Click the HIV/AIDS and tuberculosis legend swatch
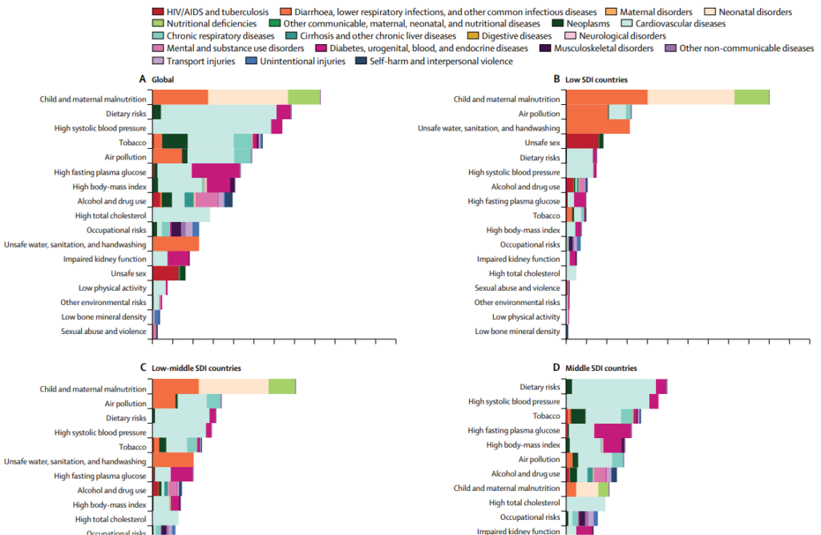[160, 13]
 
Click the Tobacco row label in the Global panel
[132, 143]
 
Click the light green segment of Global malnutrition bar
[304, 97]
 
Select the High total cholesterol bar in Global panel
[181, 215]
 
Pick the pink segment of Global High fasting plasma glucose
[216, 171]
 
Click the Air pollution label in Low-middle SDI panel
[126, 404]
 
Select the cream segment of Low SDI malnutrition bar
[690, 97]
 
